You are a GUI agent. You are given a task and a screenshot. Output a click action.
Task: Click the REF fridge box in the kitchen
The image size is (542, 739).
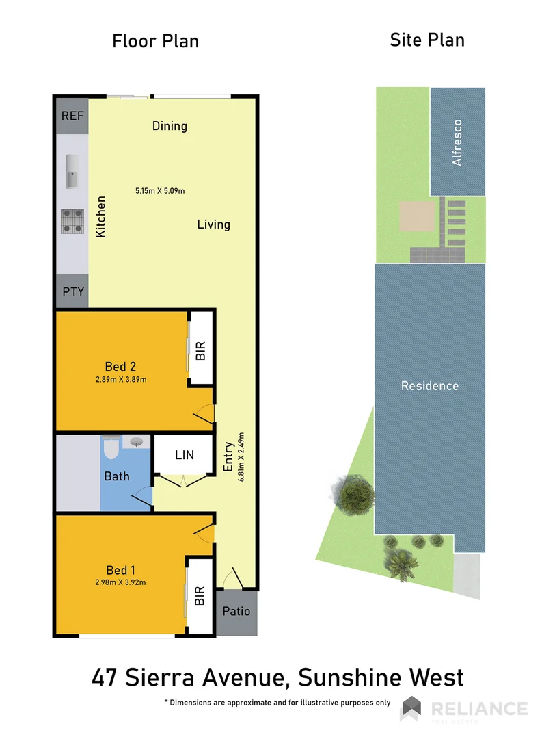(72, 116)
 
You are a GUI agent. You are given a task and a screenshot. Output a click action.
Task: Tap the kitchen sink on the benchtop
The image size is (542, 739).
(72, 171)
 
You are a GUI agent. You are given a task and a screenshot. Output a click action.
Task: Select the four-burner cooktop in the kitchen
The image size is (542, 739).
(72, 220)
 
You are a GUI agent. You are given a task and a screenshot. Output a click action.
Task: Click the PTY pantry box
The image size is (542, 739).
(72, 292)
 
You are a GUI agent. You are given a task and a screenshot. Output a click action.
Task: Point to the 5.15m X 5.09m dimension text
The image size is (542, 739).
(160, 191)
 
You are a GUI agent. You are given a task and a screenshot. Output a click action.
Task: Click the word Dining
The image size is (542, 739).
(170, 126)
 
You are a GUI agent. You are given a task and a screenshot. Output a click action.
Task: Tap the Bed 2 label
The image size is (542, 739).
(121, 366)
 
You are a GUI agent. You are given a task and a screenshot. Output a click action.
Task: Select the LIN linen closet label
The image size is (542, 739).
(185, 454)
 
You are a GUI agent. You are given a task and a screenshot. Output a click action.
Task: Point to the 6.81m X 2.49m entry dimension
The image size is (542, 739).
(240, 457)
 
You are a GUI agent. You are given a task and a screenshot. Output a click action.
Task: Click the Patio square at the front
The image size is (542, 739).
(237, 612)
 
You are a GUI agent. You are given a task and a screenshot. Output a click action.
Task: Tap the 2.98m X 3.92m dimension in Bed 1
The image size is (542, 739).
(122, 582)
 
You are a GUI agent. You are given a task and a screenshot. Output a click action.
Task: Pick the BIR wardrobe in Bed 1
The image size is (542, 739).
(200, 596)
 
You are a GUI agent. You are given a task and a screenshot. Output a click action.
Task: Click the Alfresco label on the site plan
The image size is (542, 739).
(457, 142)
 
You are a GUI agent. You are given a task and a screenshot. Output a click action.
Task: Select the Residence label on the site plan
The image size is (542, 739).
(429, 386)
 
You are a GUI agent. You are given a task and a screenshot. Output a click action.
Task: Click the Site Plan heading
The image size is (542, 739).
(427, 40)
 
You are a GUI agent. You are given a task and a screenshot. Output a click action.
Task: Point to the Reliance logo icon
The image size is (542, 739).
(411, 708)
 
